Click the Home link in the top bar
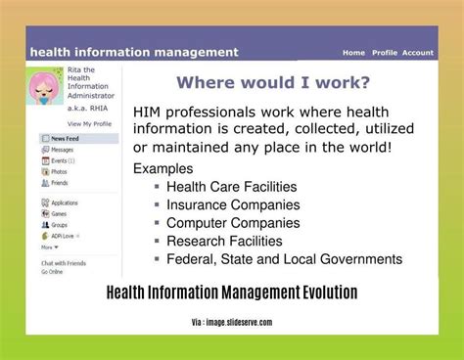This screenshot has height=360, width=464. point(353,53)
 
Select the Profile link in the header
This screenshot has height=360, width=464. point(385,53)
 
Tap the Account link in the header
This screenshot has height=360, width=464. point(418,53)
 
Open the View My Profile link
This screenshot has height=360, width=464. point(88,124)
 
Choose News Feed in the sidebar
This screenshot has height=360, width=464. point(67,139)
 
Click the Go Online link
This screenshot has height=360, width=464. point(54,271)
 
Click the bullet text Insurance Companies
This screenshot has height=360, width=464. point(233,204)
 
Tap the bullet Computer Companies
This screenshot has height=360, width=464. point(233,223)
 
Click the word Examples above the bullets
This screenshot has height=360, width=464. point(162,168)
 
